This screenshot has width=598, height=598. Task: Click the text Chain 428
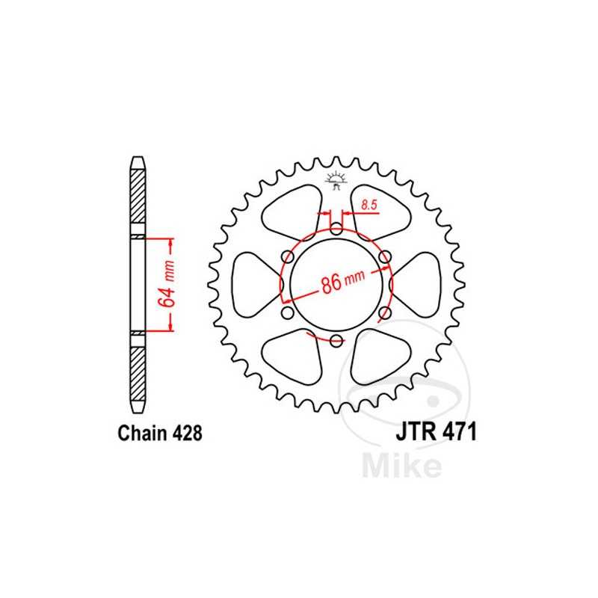(x=158, y=433)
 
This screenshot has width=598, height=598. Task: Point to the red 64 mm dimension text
(x=166, y=285)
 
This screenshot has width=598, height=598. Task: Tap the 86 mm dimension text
(x=339, y=283)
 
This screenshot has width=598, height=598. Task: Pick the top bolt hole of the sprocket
(x=336, y=228)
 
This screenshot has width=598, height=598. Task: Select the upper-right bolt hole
(x=384, y=257)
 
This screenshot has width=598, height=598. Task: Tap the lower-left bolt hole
(x=287, y=313)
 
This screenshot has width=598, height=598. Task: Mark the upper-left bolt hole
(x=287, y=257)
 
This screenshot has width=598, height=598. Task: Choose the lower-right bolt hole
(x=384, y=313)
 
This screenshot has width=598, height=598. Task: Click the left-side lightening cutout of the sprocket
(x=253, y=285)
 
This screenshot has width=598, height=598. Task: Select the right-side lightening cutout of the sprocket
(x=418, y=285)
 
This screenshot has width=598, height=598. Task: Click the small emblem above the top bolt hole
(x=336, y=180)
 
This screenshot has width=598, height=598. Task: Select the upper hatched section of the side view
(x=139, y=197)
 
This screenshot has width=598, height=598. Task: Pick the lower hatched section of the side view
(x=139, y=373)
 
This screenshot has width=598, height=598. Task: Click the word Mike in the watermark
(x=402, y=465)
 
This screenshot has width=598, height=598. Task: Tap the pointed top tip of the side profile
(x=139, y=159)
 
